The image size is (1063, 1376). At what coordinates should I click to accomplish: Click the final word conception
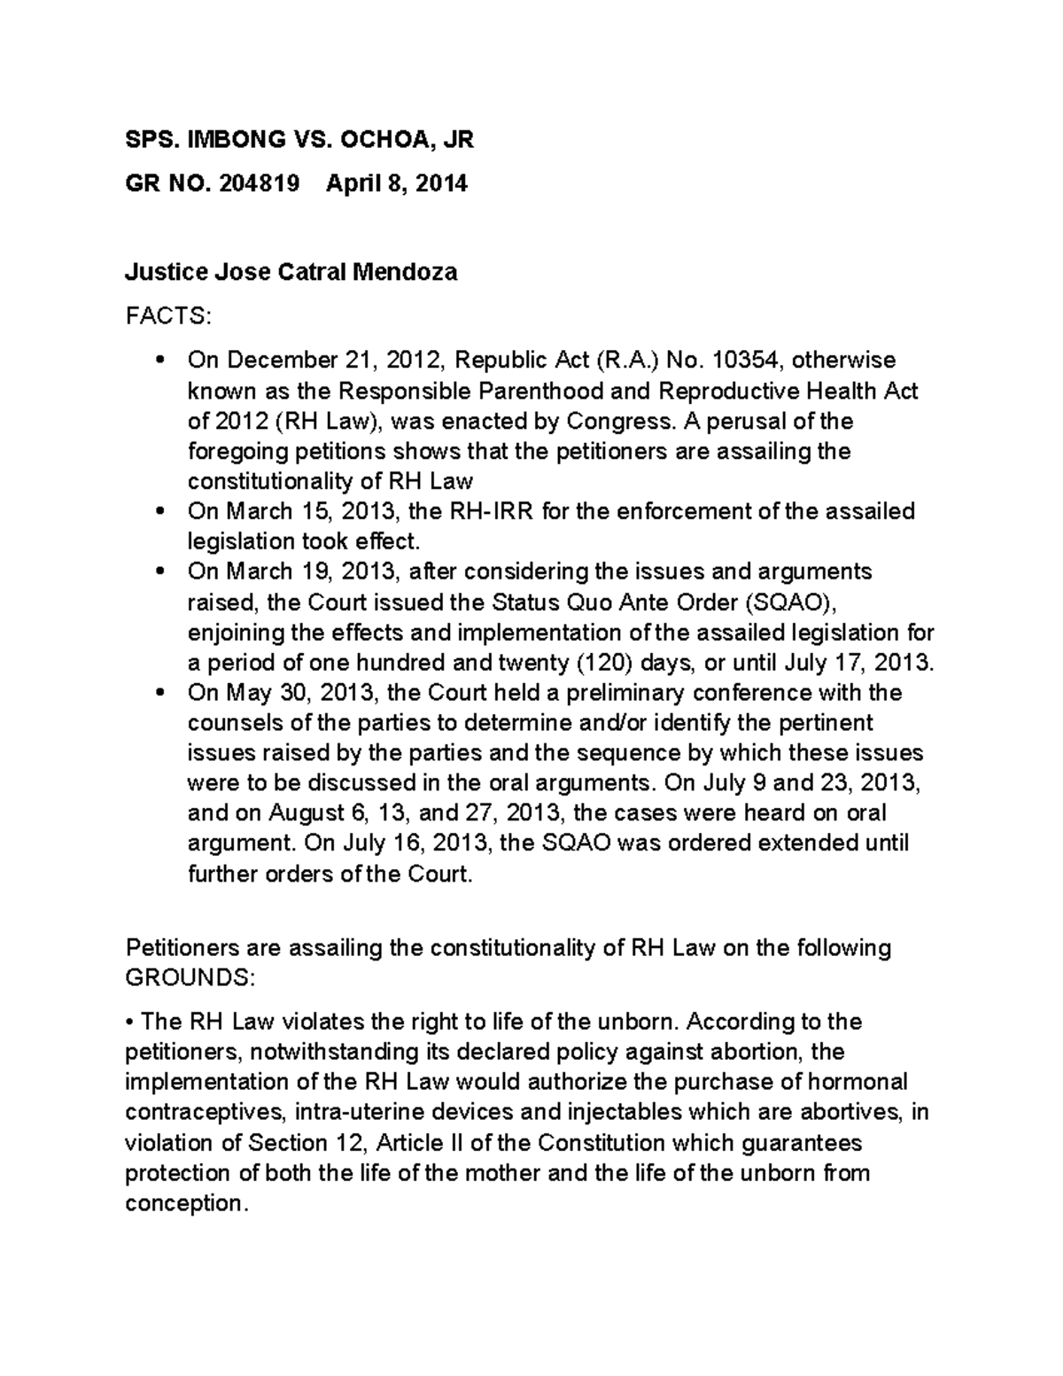(x=183, y=1203)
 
